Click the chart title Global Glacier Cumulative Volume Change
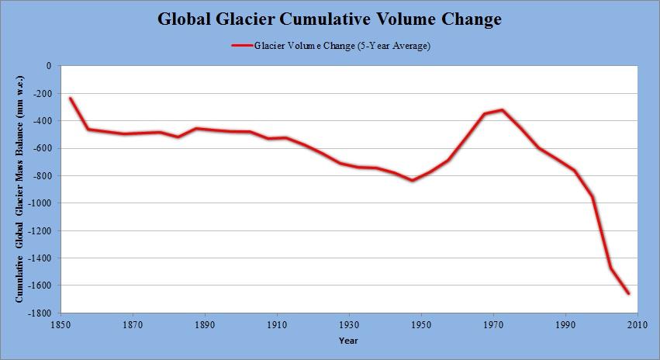[330, 18]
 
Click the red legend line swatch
[242, 46]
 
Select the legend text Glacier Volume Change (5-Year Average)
[342, 46]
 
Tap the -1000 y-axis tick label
[40, 203]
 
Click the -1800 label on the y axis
[40, 313]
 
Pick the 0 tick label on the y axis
[48, 67]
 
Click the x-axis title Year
[348, 340]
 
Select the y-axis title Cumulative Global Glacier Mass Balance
[20, 189]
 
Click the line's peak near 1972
[502, 110]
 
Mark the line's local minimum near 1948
[413, 180]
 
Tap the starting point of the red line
[70, 99]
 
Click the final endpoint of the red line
[628, 293]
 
